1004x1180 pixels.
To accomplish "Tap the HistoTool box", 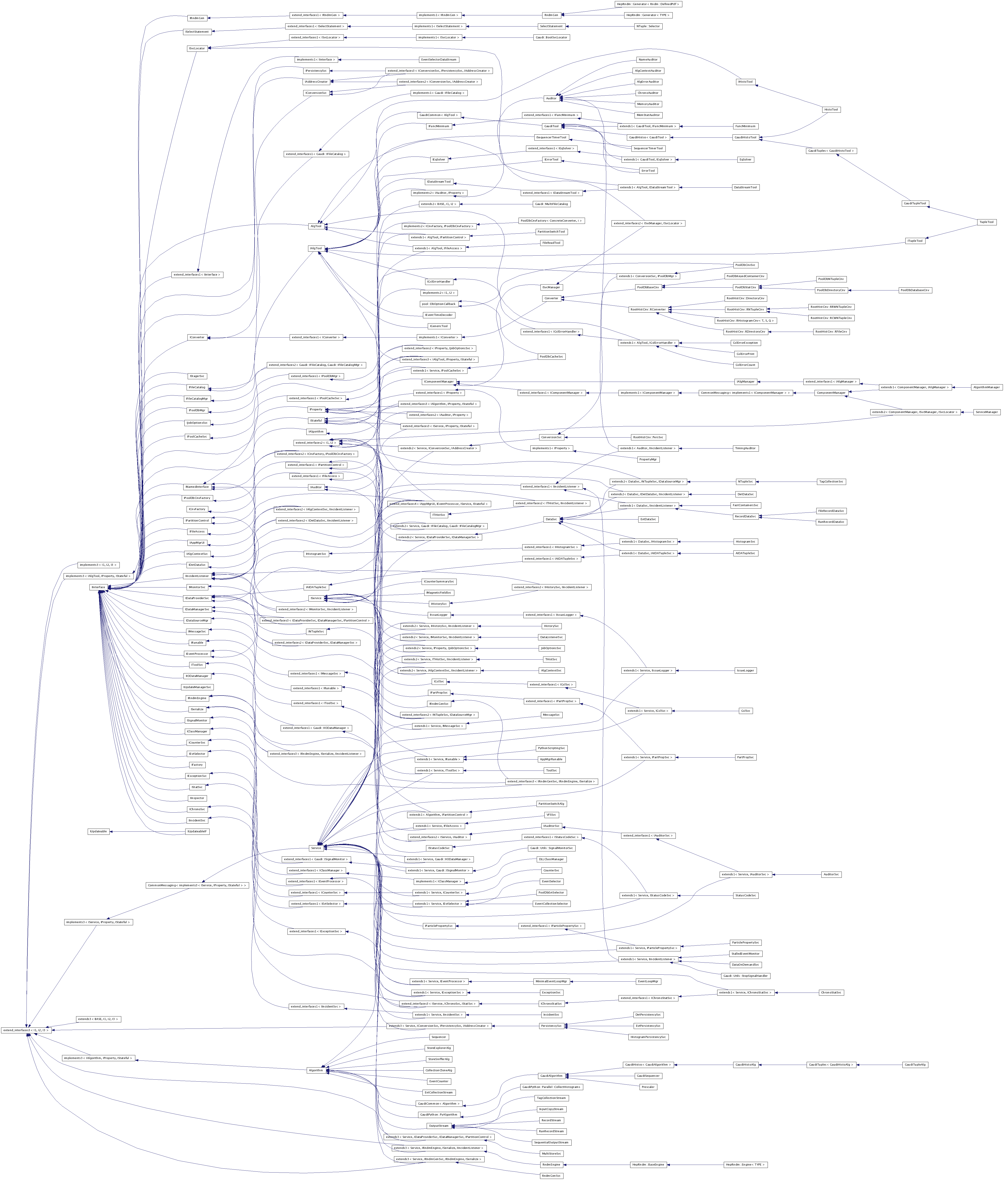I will (831, 109).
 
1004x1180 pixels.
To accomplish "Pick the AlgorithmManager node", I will (986, 387).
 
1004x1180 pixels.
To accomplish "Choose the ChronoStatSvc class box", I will (831, 992).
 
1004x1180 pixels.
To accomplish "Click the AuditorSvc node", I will (831, 874).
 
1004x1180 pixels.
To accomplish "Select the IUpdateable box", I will (98, 831).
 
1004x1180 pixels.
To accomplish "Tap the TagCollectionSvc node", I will (831, 481).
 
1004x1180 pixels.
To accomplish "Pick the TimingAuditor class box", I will (745, 448).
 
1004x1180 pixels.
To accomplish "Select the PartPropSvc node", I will (745, 757).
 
